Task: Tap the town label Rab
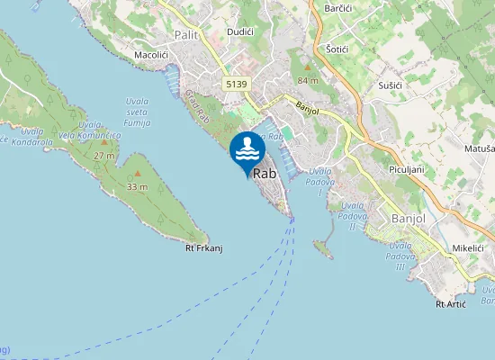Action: tap(265, 174)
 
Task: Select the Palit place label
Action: tap(186, 34)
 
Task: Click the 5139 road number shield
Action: tap(236, 84)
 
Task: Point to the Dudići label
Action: tap(240, 31)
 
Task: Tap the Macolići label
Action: tap(151, 55)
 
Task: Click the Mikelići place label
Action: tap(468, 247)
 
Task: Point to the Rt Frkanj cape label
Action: tap(202, 247)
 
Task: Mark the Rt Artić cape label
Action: tap(449, 304)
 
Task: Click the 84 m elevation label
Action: tap(308, 80)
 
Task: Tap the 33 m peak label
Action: tap(137, 186)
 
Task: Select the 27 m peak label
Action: tap(105, 156)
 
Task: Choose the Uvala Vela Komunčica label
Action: tap(89, 130)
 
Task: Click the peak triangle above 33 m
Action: tap(137, 173)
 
